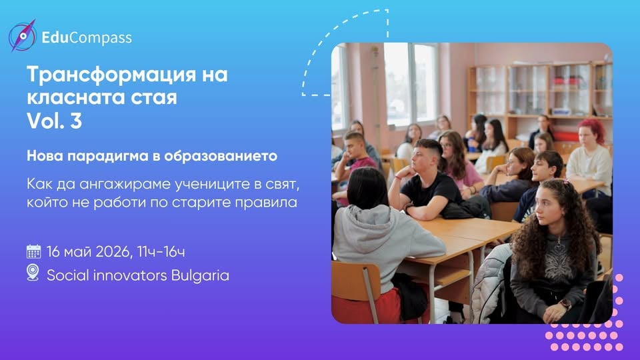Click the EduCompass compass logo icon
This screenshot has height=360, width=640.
pyautogui.click(x=21, y=36)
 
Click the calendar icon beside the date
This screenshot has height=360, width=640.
pyautogui.click(x=33, y=252)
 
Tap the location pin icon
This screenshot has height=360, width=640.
pyautogui.click(x=33, y=273)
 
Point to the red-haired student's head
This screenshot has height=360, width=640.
pyautogui.click(x=592, y=131)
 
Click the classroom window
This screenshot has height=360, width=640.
pyautogui.click(x=409, y=83)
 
